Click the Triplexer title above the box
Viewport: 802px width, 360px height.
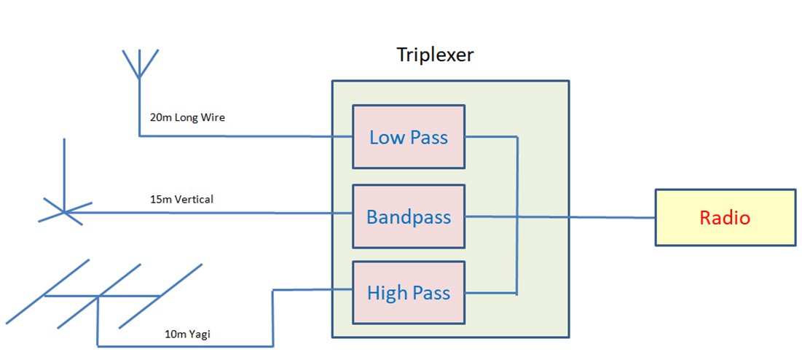[x=435, y=55]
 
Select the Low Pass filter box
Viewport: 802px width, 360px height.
[x=408, y=137]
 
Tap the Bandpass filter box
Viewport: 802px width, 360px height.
[x=408, y=216]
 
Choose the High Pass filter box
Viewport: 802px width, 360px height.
[x=408, y=293]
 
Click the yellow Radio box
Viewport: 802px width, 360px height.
[x=725, y=217]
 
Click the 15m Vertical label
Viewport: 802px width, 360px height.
[x=178, y=198]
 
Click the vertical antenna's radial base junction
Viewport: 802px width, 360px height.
[x=65, y=212]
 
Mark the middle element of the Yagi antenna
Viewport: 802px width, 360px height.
[x=98, y=296]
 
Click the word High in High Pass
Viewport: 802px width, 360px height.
[x=387, y=293]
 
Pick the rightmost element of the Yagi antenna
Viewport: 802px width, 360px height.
[x=160, y=296]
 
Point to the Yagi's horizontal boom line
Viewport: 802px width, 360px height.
[x=73, y=296]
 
